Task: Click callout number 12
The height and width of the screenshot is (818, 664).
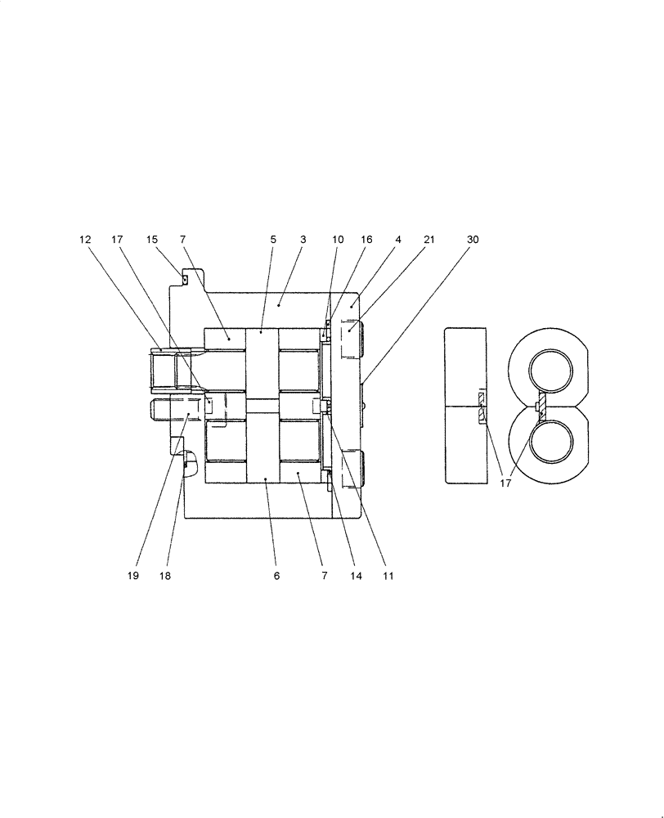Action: [85, 240]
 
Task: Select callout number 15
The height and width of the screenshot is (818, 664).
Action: [151, 240]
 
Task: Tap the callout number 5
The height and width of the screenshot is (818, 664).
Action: [273, 240]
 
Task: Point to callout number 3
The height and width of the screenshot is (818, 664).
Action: [303, 240]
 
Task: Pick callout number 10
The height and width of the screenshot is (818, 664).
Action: [338, 240]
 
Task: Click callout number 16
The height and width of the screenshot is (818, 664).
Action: [366, 240]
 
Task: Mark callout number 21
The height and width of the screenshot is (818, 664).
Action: [429, 240]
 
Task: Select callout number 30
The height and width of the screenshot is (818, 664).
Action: [473, 240]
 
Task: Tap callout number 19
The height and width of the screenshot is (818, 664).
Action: [132, 576]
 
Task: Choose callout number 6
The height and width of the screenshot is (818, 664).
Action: [276, 576]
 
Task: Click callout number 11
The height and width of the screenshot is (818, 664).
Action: [388, 576]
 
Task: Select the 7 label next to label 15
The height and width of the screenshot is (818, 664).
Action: [182, 240]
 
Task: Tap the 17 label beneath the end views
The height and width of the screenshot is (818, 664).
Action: [505, 483]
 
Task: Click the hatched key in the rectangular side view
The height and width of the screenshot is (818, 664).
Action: [481, 407]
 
